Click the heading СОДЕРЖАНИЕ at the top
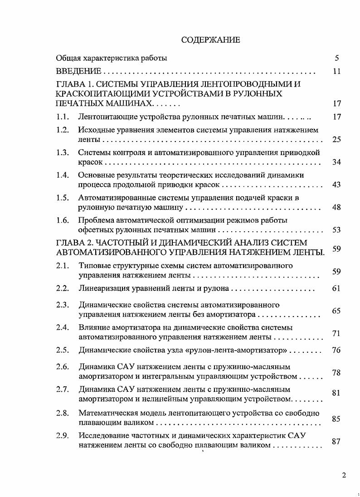(210, 40)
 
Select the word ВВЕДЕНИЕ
(78, 72)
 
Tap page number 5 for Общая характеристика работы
(336, 58)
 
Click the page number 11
(336, 72)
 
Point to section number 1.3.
(63, 152)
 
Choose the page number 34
(336, 162)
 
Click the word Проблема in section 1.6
(97, 220)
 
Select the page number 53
(336, 230)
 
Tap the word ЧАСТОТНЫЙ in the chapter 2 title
(119, 243)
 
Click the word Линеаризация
(103, 288)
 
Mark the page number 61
(336, 288)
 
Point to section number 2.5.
(63, 350)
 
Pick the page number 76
(336, 350)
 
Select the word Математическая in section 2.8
(107, 413)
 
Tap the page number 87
(336, 441)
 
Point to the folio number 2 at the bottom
(344, 475)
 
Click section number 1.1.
(63, 117)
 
